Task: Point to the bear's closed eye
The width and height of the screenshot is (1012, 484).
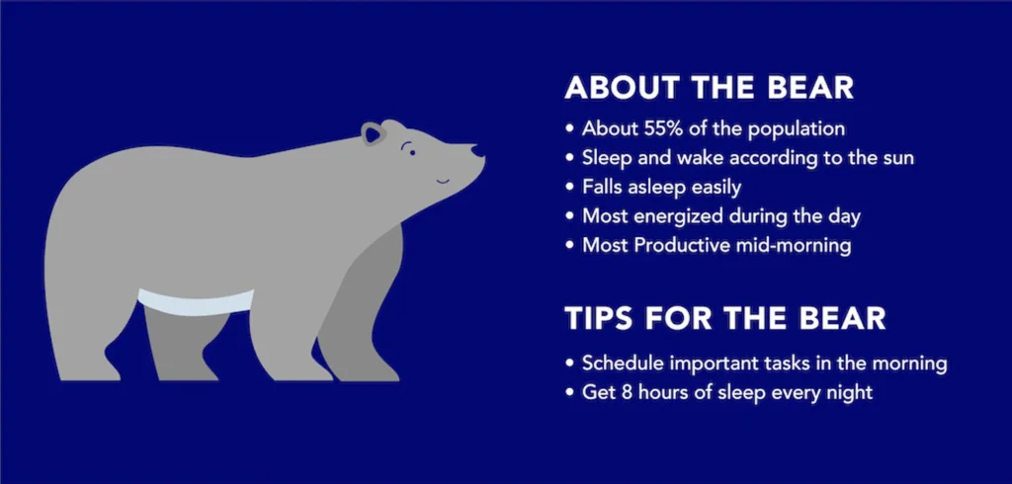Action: point(408,148)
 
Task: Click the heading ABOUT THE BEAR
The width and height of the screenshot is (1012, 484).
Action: point(709,88)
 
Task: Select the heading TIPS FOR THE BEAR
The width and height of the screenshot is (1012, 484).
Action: point(724,319)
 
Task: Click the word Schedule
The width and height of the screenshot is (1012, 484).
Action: point(623,363)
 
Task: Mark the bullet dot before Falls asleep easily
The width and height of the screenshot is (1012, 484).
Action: point(570,188)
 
